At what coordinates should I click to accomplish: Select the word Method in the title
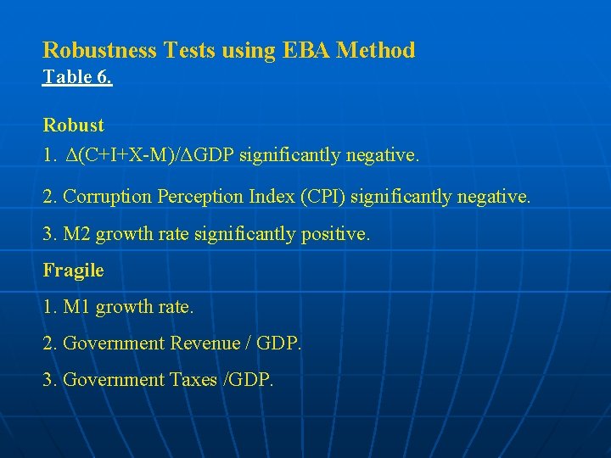pos(376,50)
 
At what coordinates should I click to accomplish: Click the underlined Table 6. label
pos(77,77)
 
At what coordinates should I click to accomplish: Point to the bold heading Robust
pos(74,126)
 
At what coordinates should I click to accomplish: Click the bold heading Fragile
pos(74,271)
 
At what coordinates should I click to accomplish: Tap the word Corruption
pos(106,198)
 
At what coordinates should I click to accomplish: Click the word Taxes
pos(193,380)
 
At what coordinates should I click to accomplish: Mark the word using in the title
pos(249,52)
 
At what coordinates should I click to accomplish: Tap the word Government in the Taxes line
pos(113,380)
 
